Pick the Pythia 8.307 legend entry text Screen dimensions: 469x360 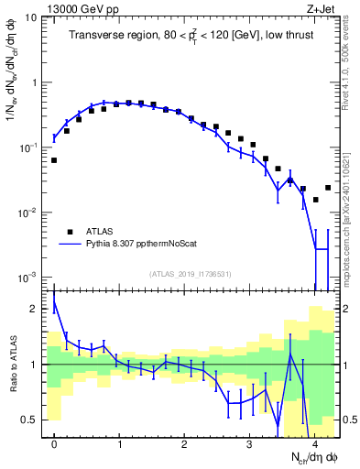coord(143,245)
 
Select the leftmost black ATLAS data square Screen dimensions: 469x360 coord(54,160)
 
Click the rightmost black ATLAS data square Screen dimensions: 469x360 coord(328,188)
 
